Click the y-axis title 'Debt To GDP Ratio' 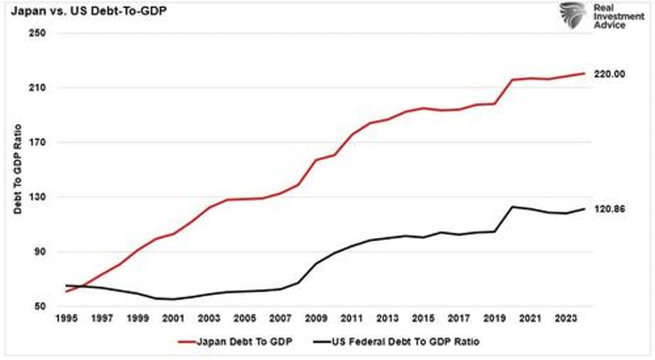click(x=17, y=170)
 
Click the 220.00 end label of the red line click(x=609, y=74)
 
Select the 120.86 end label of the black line click(x=609, y=209)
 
